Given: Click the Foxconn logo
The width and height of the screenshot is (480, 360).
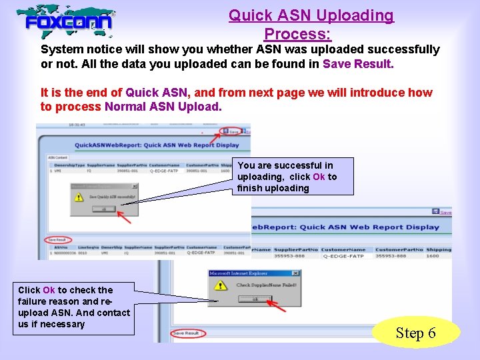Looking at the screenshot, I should pyautogui.click(x=66, y=23).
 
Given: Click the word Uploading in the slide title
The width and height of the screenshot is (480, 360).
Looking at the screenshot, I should pyautogui.click(x=357, y=15).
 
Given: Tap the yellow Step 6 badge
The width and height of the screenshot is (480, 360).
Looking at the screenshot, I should pyautogui.click(x=415, y=333).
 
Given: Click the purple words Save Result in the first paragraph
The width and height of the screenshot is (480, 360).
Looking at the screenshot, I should pyautogui.click(x=358, y=65).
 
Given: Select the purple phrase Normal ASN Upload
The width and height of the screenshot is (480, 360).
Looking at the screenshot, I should pyautogui.click(x=162, y=107).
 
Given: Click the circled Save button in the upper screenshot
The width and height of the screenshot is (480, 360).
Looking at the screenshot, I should pyautogui.click(x=231, y=131).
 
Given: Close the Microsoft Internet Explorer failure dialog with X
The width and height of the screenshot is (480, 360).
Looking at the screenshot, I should pyautogui.click(x=295, y=273).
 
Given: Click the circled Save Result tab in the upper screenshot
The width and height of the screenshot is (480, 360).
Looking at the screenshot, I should pyautogui.click(x=57, y=240).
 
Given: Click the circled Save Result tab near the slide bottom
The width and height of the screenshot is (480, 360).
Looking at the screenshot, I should pyautogui.click(x=186, y=333).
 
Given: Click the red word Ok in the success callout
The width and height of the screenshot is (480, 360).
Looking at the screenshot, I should pyautogui.click(x=319, y=177).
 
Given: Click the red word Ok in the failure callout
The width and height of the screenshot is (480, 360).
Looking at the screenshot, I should pyautogui.click(x=49, y=290).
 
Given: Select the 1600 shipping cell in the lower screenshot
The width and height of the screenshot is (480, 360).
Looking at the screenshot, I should pyautogui.click(x=433, y=256).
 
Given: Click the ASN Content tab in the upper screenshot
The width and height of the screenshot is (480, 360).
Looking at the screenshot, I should pyautogui.click(x=57, y=158).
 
